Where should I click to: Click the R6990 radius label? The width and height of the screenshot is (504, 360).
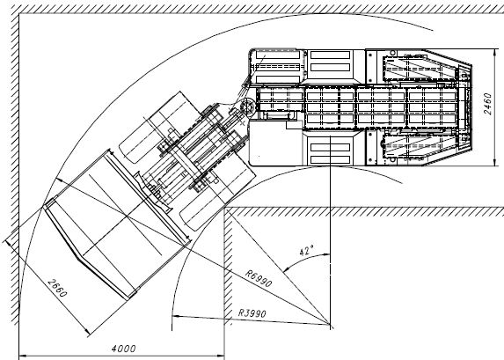[259, 278]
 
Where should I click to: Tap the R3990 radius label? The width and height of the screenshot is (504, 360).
[252, 313]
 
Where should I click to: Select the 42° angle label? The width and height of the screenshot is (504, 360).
[307, 250]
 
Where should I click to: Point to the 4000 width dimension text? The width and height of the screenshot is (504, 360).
[124, 349]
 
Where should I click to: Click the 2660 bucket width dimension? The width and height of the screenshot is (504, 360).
[57, 288]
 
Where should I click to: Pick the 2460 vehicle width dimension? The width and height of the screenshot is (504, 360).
[487, 104]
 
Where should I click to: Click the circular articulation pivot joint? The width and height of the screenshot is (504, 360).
[247, 106]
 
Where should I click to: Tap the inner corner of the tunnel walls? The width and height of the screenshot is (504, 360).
[224, 208]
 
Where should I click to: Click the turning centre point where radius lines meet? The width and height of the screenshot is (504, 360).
[330, 325]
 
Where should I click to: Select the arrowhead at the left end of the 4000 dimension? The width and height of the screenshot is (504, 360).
[23, 356]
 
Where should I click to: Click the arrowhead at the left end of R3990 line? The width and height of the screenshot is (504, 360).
[176, 317]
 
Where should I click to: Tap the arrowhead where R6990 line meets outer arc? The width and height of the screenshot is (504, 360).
[60, 180]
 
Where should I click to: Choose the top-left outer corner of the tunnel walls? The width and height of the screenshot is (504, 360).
[19, 13]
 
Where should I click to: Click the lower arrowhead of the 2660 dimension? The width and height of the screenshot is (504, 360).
[86, 331]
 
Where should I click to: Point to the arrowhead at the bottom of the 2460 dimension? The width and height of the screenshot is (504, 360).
[494, 163]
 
